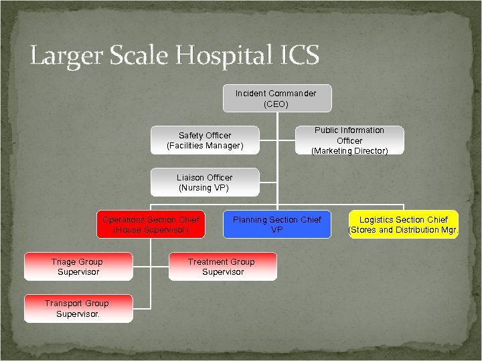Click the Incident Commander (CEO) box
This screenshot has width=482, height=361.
pos(276,98)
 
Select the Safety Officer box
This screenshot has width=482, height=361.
pos(205,140)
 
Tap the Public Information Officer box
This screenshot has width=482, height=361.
pos(349,140)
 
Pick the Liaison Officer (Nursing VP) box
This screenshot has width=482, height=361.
pos(204,183)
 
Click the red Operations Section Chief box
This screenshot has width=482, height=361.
pos(151,225)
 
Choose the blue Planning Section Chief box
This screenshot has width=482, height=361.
pos(276,225)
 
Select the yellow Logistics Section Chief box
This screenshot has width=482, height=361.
pos(404,225)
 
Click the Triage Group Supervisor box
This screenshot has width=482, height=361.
pos(78,267)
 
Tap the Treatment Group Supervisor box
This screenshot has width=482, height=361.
pos(222,267)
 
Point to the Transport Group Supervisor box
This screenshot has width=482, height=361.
pos(78,308)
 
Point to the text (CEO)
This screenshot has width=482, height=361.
pos(276,104)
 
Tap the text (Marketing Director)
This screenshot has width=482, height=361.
pos(349,151)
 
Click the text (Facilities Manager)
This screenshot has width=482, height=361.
pos(205,146)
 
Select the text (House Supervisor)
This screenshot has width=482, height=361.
pos(151,230)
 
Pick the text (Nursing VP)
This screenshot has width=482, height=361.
pos(204,188)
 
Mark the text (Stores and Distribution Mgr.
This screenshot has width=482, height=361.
pos(404,230)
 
